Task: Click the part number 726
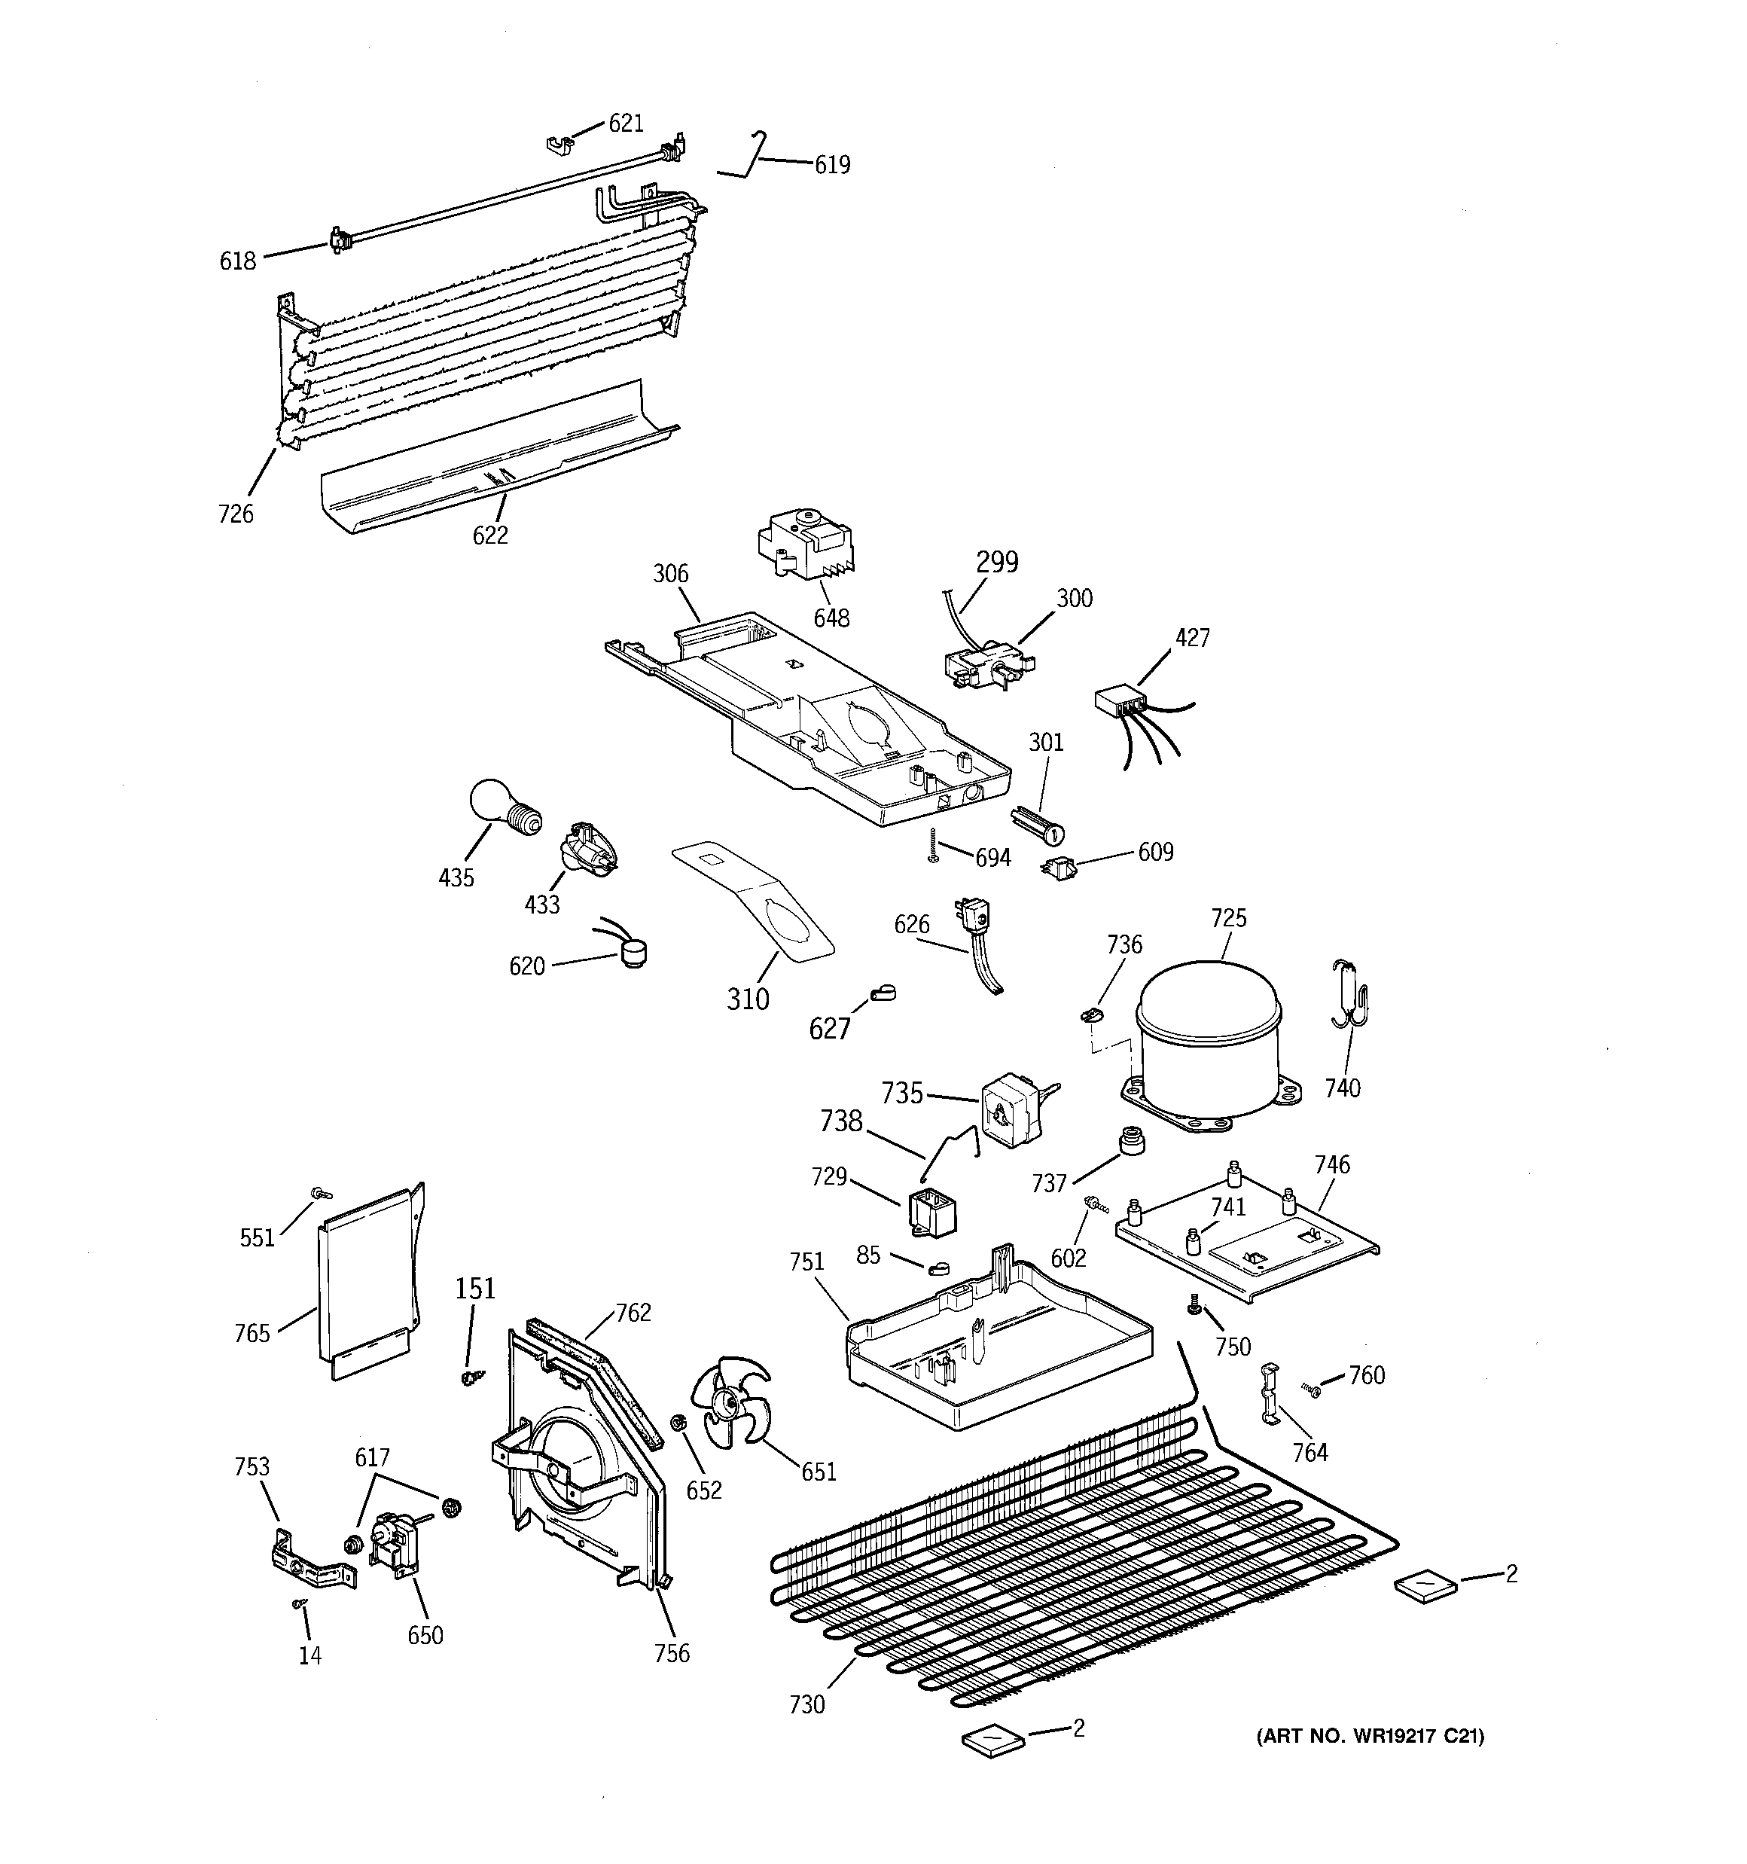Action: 236,514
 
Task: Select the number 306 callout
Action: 670,574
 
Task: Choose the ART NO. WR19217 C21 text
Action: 1369,1737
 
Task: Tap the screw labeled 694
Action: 933,847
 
